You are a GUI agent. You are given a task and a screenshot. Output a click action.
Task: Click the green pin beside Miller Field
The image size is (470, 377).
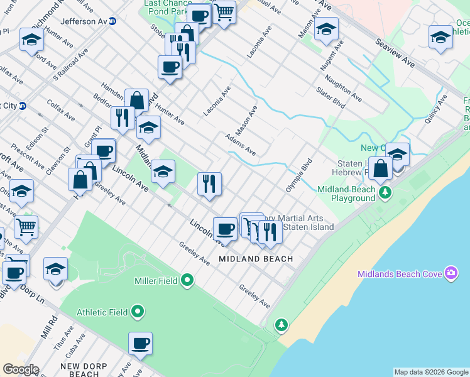coord(187,281)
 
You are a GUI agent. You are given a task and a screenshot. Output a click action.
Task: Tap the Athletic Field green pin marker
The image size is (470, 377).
coord(138,312)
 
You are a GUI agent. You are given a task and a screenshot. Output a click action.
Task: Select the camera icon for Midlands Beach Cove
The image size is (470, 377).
coord(451,273)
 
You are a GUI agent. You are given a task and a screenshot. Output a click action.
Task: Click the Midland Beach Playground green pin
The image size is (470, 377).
coord(385,192)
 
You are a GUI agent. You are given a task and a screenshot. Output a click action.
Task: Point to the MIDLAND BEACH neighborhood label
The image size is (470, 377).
coord(256,259)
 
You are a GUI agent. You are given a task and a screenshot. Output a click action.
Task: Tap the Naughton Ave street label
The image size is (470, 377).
coord(344,88)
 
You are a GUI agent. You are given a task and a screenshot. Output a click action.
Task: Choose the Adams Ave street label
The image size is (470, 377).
coord(241,144)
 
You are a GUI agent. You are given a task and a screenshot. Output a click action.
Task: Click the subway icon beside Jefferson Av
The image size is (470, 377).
coord(113,21)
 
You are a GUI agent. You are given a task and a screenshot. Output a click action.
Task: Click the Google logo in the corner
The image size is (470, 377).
coord(20,369)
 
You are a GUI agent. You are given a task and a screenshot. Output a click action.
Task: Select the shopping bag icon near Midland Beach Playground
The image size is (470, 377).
coord(381,168)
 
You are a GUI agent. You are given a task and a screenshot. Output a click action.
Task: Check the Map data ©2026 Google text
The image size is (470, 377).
coord(431,372)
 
